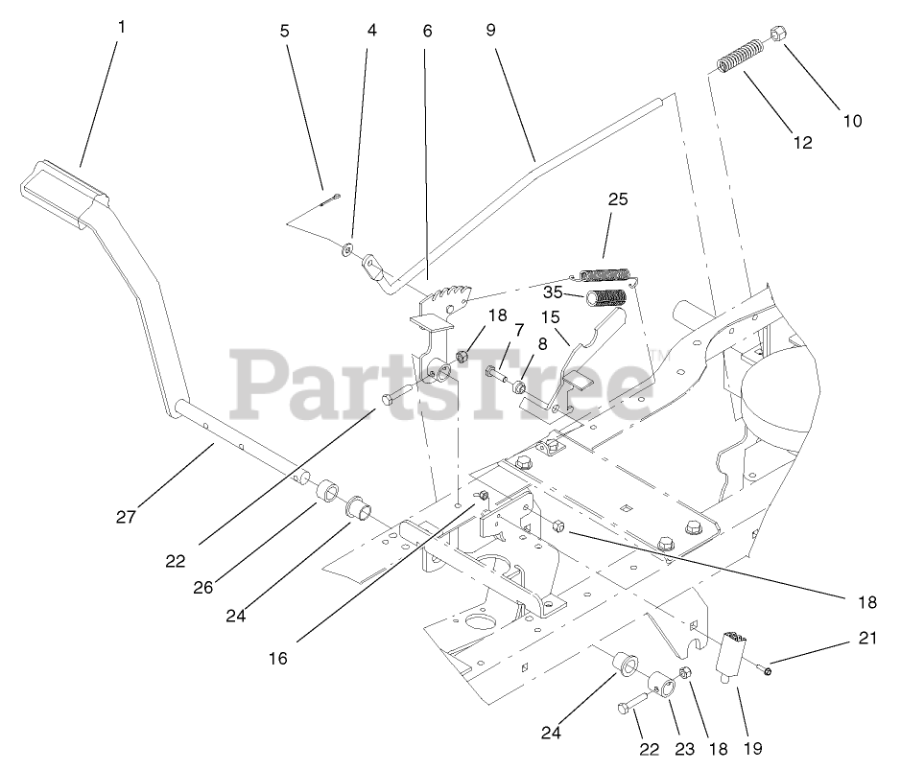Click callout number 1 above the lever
click(121, 27)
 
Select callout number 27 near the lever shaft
click(125, 517)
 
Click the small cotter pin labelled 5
click(328, 199)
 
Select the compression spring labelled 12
click(741, 57)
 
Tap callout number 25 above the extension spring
click(617, 199)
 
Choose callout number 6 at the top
click(427, 30)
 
